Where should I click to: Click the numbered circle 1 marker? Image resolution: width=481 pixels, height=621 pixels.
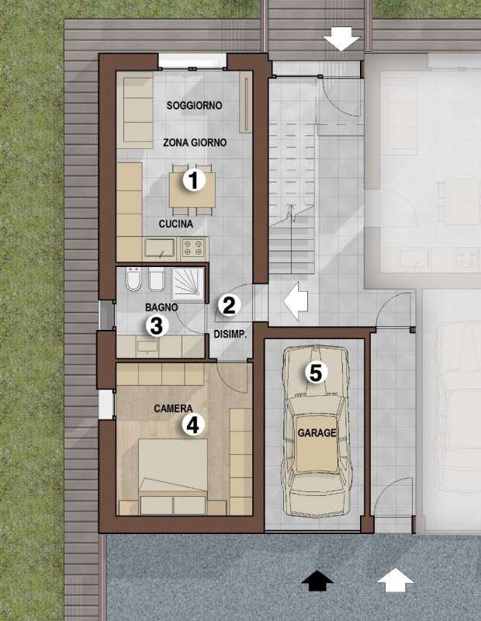click(193, 180)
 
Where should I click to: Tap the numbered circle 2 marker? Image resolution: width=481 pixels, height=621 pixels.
click(228, 304)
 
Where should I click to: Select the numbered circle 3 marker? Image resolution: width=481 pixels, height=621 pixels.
click(156, 325)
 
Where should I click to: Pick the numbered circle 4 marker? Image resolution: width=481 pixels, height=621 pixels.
click(192, 424)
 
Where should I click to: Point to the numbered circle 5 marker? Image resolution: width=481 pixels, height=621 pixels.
click(315, 373)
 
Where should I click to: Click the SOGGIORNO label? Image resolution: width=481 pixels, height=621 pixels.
click(195, 105)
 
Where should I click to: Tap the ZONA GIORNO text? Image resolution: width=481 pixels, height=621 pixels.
click(195, 143)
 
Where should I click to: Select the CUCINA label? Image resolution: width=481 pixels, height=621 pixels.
click(176, 224)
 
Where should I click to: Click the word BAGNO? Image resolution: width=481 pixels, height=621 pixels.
click(161, 307)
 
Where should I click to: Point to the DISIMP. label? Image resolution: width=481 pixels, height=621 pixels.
click(229, 335)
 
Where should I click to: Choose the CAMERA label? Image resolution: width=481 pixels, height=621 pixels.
click(173, 408)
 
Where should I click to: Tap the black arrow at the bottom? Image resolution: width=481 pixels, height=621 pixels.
click(317, 579)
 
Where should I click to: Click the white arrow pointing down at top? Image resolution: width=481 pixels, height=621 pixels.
click(341, 38)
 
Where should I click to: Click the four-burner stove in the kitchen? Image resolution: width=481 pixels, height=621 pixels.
click(194, 248)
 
